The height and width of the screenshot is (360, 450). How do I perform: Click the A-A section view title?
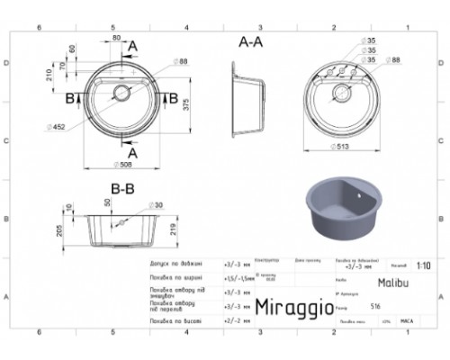coord(251,41)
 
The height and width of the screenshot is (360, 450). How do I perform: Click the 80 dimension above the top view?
coord(116,38)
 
